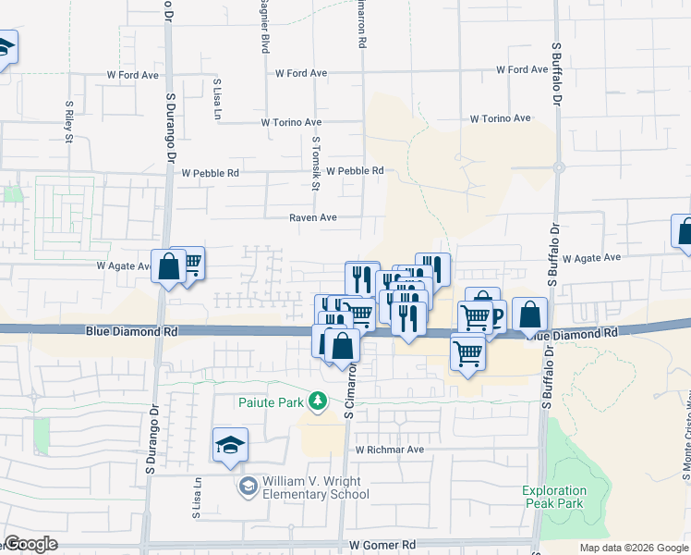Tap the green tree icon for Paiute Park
(319, 401)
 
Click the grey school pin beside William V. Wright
(248, 487)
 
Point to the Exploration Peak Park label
(567, 497)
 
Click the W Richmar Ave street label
(389, 450)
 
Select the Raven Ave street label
(312, 218)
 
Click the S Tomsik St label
(316, 164)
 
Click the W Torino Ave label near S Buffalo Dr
(500, 118)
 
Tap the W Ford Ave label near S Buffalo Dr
(522, 69)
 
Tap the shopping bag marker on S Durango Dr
(170, 267)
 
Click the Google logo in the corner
(30, 544)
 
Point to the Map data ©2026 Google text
(633, 548)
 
